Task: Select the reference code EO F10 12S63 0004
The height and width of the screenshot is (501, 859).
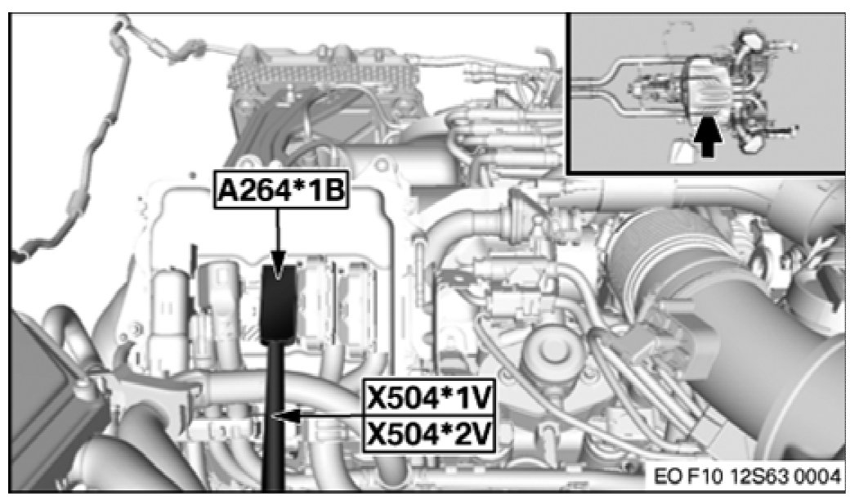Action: [746, 475]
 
